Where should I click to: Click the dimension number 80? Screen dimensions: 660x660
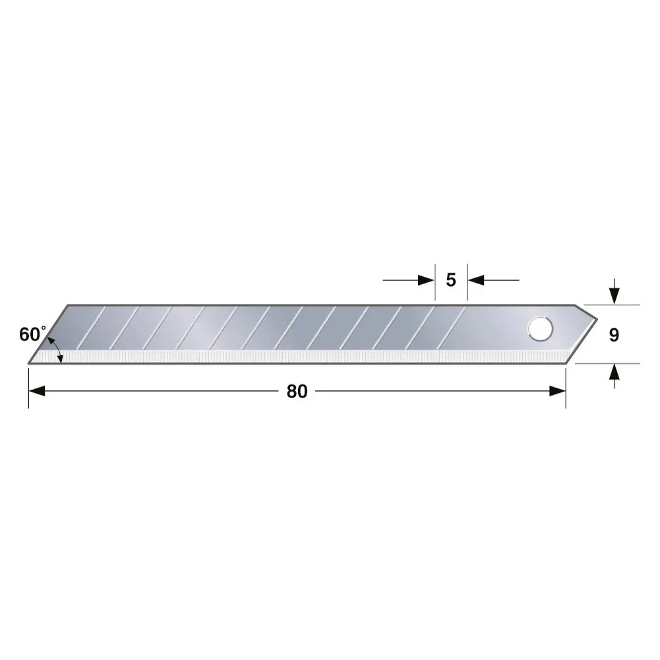click(x=297, y=391)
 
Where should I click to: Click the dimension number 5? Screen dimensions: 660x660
click(x=451, y=280)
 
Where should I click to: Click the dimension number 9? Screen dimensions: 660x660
click(x=614, y=335)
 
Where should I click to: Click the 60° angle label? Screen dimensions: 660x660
click(x=32, y=334)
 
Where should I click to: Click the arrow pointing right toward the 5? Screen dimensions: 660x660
click(x=426, y=280)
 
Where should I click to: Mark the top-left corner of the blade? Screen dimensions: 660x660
click(x=70, y=305)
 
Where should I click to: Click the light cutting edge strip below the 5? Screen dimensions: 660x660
click(x=451, y=357)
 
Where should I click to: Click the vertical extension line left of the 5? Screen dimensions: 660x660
click(x=435, y=284)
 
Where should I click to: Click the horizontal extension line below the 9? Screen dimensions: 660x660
click(x=613, y=363)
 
